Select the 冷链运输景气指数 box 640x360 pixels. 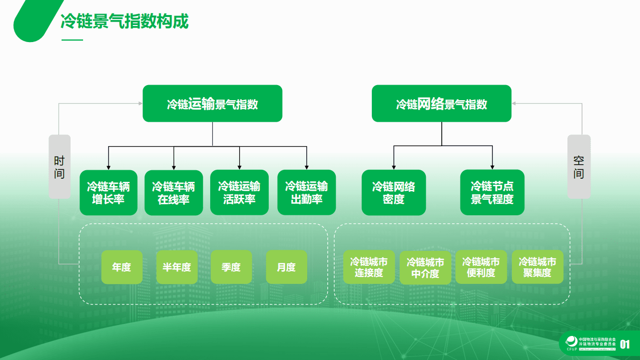(212, 104)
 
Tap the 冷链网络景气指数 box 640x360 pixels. (441, 104)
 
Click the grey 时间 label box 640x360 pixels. (60, 167)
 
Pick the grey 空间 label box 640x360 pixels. (578, 167)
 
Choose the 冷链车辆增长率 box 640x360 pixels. (109, 193)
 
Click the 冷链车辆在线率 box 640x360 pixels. (174, 193)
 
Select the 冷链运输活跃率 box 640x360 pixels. (239, 193)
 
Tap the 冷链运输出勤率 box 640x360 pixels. (306, 193)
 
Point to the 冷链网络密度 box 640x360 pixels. (393, 193)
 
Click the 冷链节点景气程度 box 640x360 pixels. (492, 193)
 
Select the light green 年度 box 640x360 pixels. (122, 267)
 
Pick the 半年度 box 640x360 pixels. (177, 267)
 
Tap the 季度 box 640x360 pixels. (231, 267)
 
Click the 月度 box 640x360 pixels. (286, 267)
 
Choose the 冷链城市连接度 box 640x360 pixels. (369, 267)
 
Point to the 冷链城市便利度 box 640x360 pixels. (481, 267)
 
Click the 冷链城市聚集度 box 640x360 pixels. (537, 267)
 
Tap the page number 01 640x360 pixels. (625, 344)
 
